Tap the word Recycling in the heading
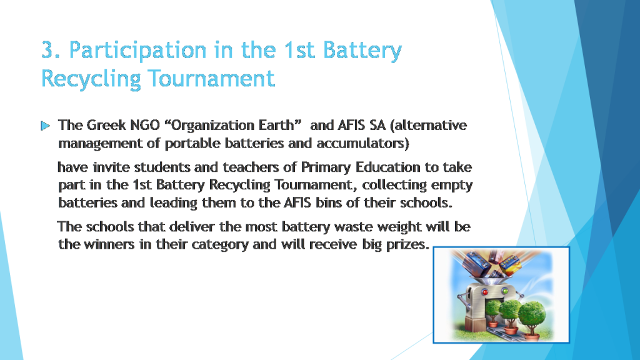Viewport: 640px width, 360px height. tap(90, 79)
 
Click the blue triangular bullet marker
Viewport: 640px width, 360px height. tap(45, 126)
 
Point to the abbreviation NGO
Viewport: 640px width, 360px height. tap(144, 125)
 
